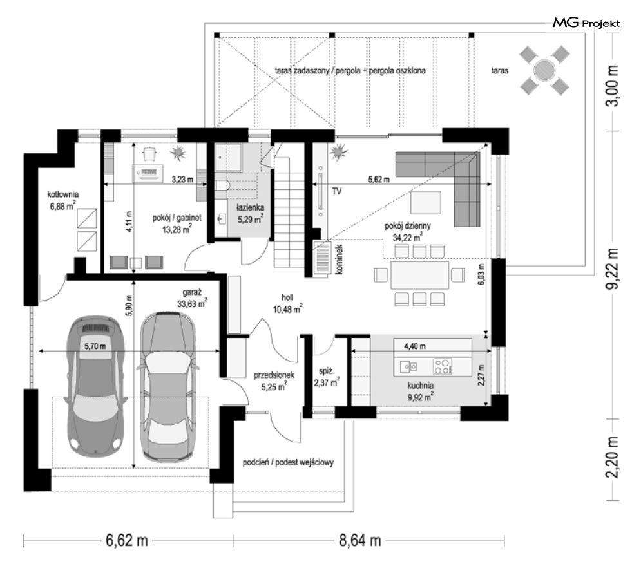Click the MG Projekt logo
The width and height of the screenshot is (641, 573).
point(586,23)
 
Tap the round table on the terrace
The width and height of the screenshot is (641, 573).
point(544,70)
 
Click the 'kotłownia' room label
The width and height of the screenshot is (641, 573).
point(63,194)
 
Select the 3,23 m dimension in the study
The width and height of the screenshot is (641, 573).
point(182,179)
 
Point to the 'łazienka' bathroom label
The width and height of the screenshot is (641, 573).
point(250,207)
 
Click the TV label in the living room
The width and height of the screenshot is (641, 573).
point(336,191)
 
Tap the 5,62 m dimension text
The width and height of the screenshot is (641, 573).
point(379,179)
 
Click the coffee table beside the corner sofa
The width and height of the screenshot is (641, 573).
point(426,202)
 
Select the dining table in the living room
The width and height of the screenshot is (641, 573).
point(420,276)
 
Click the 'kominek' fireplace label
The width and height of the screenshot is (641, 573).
point(340,259)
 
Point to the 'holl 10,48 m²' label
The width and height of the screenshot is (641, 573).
point(288,303)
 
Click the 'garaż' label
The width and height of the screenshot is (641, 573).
point(192,292)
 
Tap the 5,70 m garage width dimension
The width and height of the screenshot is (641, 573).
point(95,346)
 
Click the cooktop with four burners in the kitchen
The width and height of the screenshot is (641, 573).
point(443,366)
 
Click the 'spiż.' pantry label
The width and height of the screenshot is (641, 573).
point(327,371)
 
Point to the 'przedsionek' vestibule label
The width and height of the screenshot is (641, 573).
point(274,375)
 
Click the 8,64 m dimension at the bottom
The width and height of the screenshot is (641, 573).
point(359,541)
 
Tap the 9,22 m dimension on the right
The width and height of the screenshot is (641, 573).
point(613,268)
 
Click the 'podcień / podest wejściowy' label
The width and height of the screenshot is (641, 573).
point(288,462)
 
